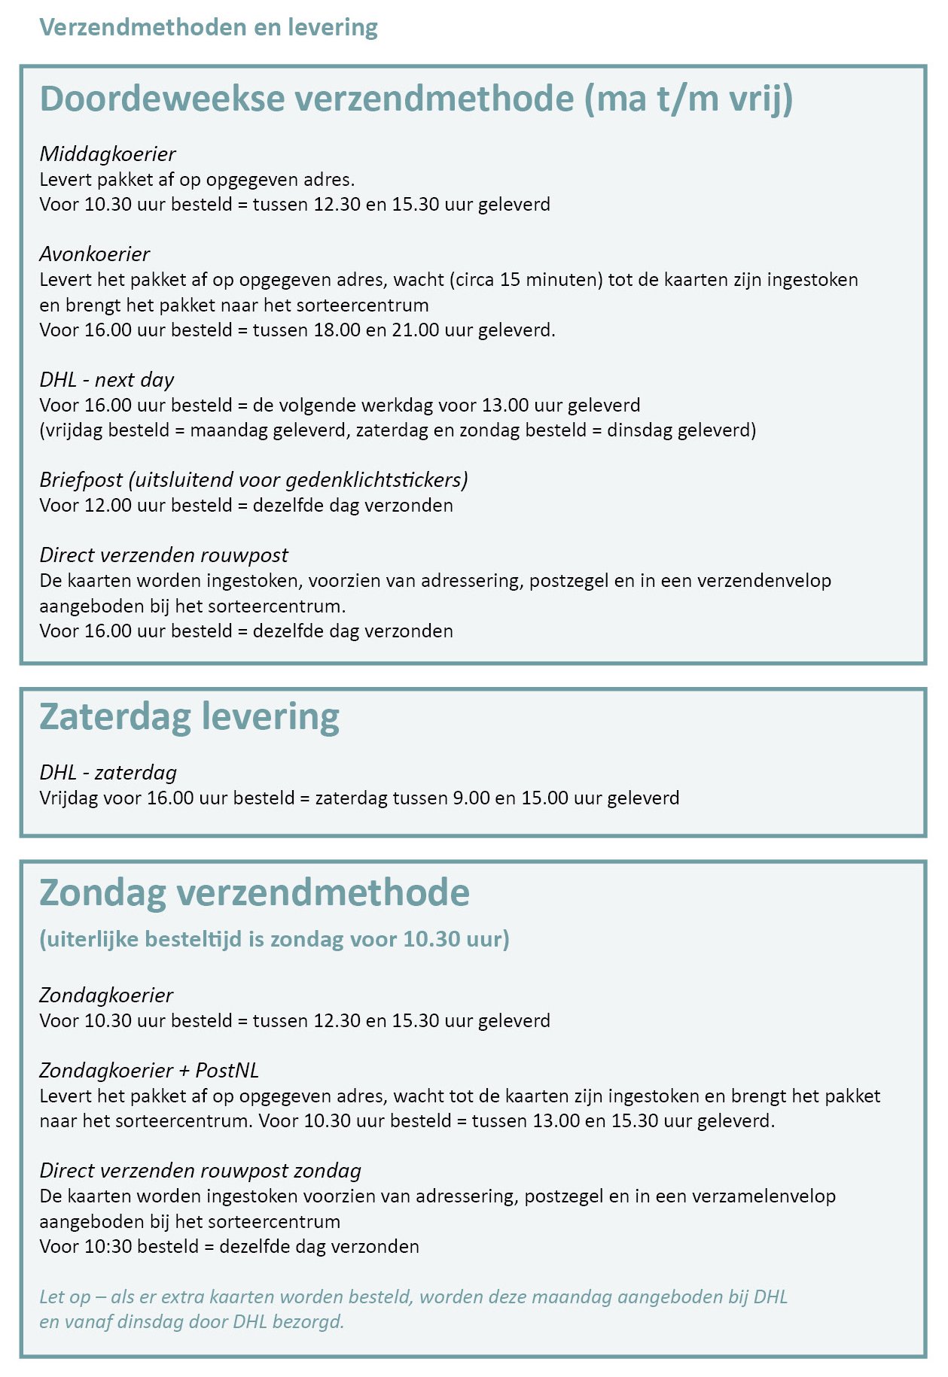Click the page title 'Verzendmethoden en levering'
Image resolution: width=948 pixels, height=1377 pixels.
[x=208, y=27]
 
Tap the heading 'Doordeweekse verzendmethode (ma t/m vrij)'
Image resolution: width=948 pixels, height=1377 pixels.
[x=416, y=99]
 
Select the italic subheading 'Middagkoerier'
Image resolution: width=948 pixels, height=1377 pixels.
[x=108, y=154]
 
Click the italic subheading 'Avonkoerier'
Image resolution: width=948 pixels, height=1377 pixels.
[x=95, y=254]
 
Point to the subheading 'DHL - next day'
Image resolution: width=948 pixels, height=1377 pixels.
[x=107, y=380]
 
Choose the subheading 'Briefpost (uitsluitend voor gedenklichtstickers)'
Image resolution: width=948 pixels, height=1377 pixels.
[x=254, y=480]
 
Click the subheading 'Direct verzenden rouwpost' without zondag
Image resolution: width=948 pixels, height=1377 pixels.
[x=163, y=555]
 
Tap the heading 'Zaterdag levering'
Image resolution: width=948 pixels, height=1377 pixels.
[x=189, y=716]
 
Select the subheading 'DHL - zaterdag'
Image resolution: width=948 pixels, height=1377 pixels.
[x=108, y=773]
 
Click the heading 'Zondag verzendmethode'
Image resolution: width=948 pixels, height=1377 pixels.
[x=255, y=892]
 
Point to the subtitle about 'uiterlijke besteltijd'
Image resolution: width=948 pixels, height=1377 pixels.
[x=274, y=939]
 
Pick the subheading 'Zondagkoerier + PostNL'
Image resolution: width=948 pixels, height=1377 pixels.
[x=149, y=1071]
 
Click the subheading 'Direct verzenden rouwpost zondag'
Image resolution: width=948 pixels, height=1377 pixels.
[x=200, y=1171]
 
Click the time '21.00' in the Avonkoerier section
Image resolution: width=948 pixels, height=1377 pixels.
[x=416, y=330]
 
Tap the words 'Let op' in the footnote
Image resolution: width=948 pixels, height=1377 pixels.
[x=66, y=1297]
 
